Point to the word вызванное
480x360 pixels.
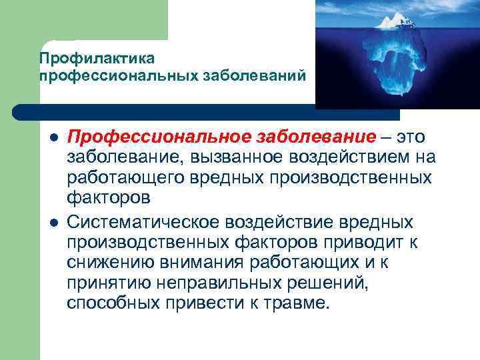pyautogui.click(x=225, y=158)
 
